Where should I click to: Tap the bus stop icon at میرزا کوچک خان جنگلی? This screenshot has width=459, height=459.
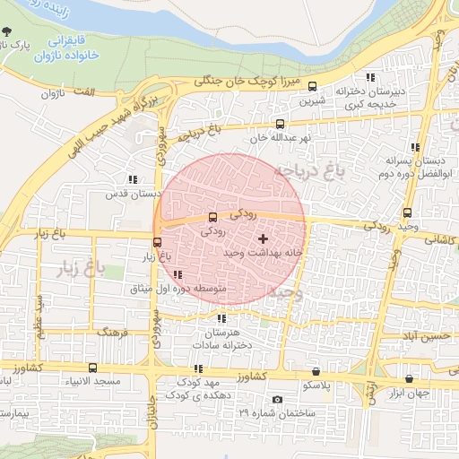312,87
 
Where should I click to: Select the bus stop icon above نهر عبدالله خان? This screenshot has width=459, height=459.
280,125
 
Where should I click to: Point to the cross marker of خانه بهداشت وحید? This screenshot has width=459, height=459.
262,238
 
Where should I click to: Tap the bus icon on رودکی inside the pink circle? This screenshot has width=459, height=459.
212,216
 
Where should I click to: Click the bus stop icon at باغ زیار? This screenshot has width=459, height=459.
158,242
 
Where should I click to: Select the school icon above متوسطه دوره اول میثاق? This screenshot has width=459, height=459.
178,274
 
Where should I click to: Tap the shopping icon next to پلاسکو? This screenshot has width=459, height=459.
315,371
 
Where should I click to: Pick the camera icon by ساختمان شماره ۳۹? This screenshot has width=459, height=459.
277,399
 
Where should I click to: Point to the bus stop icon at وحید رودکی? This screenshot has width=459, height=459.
407,212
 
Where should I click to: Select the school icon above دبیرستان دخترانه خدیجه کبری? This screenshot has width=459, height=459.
370,78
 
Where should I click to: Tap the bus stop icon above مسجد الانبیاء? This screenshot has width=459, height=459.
92,368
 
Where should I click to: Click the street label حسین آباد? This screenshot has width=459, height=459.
422,336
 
